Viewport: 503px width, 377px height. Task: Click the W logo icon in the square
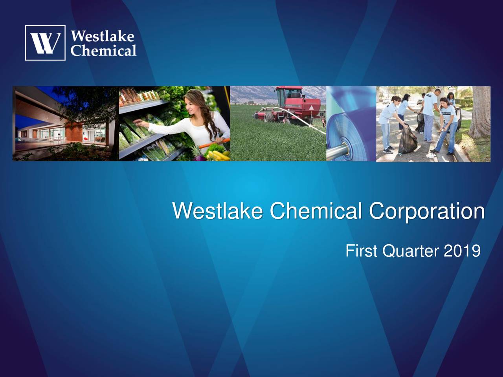click(45, 43)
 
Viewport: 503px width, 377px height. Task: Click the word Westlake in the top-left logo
click(103, 37)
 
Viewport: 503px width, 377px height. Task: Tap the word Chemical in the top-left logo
click(104, 50)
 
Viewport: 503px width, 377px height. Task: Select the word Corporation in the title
click(426, 212)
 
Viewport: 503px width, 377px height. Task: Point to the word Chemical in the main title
click(316, 212)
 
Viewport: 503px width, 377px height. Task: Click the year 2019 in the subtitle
click(462, 251)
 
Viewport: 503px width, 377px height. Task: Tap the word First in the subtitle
click(361, 251)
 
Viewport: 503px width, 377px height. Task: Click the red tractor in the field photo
click(291, 104)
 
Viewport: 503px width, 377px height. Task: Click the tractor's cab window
click(293, 94)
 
